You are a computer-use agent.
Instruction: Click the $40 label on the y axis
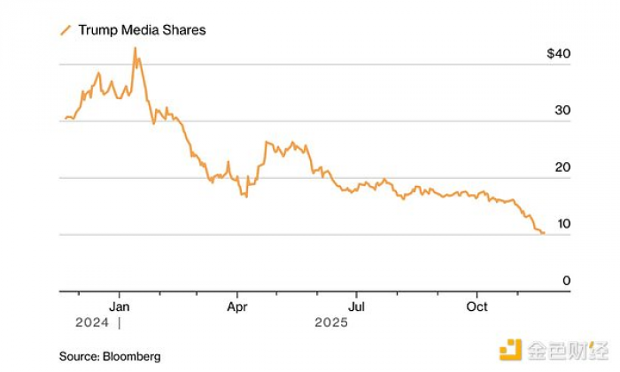(x=559, y=54)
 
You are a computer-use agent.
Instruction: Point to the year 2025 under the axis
(x=331, y=322)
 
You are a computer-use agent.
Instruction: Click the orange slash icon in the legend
(x=65, y=30)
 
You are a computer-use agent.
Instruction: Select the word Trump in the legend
(x=97, y=30)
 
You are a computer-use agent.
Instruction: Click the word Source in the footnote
(x=78, y=356)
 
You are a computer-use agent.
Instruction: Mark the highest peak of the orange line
(x=136, y=48)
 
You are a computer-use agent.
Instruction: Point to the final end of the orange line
(x=544, y=233)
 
